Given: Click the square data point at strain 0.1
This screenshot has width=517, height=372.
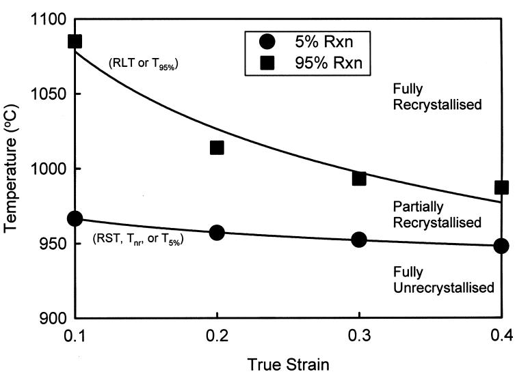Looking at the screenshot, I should [x=75, y=42].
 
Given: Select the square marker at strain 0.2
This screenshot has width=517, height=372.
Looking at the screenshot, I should [x=217, y=147].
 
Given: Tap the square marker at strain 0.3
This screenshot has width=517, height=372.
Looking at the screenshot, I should [x=359, y=178].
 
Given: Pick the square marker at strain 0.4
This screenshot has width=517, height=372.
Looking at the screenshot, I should [x=501, y=187].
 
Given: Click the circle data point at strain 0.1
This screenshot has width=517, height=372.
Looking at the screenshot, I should [x=75, y=218].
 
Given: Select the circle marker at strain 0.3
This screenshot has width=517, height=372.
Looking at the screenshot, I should [x=359, y=240].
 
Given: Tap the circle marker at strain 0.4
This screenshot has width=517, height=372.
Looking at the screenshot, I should [x=501, y=246].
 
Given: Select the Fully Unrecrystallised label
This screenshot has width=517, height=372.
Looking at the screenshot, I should [x=443, y=281].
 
